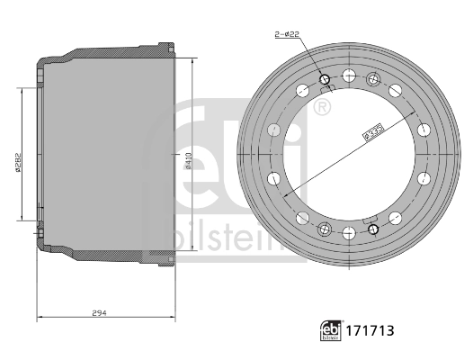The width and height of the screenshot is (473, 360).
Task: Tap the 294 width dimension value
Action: click(99, 311)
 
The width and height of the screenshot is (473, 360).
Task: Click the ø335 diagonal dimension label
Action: click(374, 132)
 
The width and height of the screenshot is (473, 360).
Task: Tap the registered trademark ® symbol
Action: click(321, 109)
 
